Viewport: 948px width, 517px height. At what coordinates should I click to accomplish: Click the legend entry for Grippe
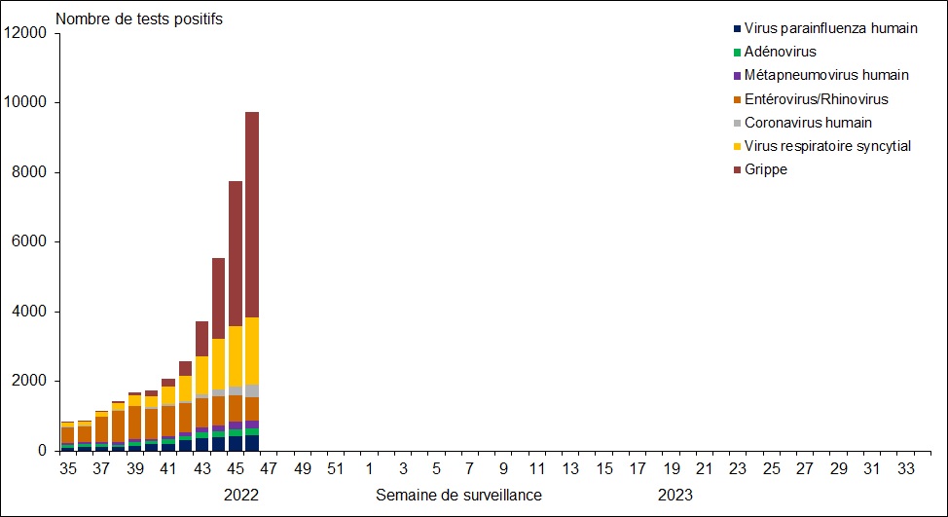pyautogui.click(x=766, y=169)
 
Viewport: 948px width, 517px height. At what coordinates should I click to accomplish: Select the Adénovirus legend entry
pyautogui.click(x=780, y=52)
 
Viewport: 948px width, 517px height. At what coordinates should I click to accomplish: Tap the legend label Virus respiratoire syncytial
pyautogui.click(x=827, y=146)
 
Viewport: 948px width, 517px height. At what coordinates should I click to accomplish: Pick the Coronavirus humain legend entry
pyautogui.click(x=808, y=123)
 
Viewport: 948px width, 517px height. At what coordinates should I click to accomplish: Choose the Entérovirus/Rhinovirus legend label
pyautogui.click(x=816, y=98)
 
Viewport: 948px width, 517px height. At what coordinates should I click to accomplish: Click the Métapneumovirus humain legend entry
pyautogui.click(x=826, y=75)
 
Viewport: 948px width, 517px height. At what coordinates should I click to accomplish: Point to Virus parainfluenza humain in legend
pyautogui.click(x=830, y=28)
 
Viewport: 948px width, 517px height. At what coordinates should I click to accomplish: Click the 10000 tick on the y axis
pyautogui.click(x=26, y=102)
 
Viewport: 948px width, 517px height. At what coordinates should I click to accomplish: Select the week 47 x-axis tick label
pyautogui.click(x=269, y=468)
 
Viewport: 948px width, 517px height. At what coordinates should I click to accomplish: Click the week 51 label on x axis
pyautogui.click(x=336, y=468)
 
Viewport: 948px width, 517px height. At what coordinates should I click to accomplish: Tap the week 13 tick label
pyautogui.click(x=570, y=468)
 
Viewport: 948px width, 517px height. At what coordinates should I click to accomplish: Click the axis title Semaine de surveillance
pyautogui.click(x=458, y=495)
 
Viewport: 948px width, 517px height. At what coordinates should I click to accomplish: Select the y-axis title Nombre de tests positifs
pyautogui.click(x=140, y=19)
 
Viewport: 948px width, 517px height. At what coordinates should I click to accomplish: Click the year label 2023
pyautogui.click(x=675, y=495)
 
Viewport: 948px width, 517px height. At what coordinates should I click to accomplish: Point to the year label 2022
pyautogui.click(x=241, y=495)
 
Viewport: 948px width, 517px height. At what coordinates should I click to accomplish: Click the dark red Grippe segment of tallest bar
pyautogui.click(x=252, y=214)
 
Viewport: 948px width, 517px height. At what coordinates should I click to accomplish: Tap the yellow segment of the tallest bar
pyautogui.click(x=252, y=351)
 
